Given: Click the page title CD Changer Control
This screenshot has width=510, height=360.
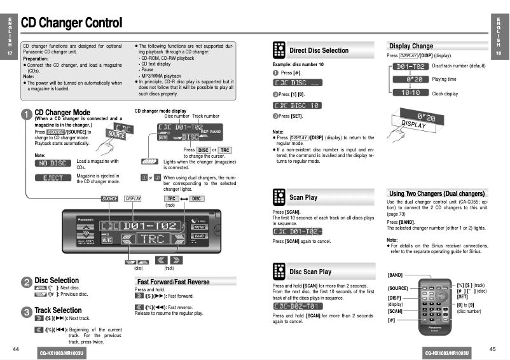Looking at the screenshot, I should [x=71, y=24].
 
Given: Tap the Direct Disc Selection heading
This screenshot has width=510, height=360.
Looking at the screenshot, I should [x=319, y=50].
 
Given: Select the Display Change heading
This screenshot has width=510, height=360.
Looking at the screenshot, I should [x=411, y=46].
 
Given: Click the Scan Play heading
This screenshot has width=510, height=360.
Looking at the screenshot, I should [x=303, y=197].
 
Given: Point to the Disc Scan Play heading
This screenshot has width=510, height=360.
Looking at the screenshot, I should [x=310, y=272].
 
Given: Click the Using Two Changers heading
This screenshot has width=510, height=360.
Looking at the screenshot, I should [x=437, y=193].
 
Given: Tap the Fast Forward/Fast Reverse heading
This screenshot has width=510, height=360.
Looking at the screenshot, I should [x=173, y=282].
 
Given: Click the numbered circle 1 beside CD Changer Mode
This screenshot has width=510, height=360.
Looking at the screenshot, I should [x=26, y=114].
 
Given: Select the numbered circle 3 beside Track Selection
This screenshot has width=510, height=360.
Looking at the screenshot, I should [x=26, y=312].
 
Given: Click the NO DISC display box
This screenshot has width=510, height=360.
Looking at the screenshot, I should [x=53, y=163].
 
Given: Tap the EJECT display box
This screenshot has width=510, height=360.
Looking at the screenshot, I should [x=53, y=178].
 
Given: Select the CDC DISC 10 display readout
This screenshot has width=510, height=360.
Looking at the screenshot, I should [x=297, y=106].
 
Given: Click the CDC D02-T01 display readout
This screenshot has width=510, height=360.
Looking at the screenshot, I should [x=297, y=306].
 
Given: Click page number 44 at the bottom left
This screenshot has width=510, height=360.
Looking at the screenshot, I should [x=16, y=349].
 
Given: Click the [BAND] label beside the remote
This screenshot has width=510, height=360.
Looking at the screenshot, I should [x=395, y=275].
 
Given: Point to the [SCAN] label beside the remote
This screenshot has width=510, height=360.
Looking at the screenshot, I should [x=395, y=311].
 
